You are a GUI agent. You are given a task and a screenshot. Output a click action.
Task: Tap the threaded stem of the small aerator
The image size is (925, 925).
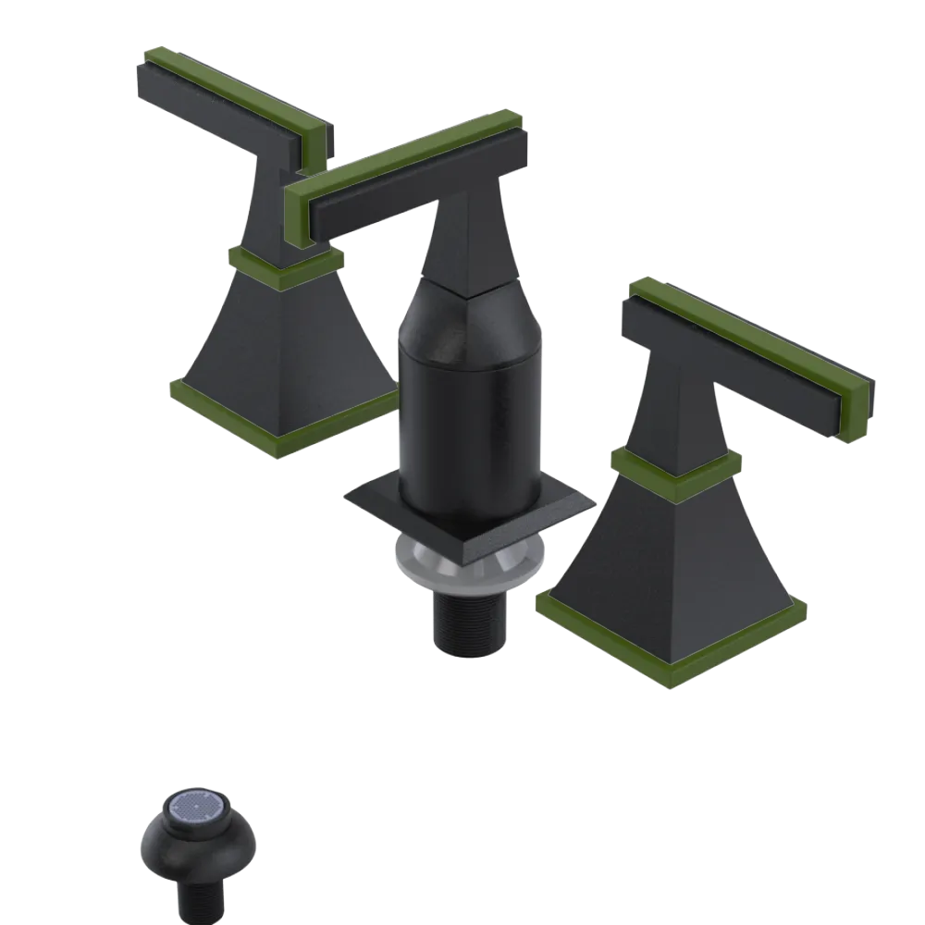[200, 896]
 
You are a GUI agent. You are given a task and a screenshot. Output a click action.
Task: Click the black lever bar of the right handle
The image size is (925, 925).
[731, 356]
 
